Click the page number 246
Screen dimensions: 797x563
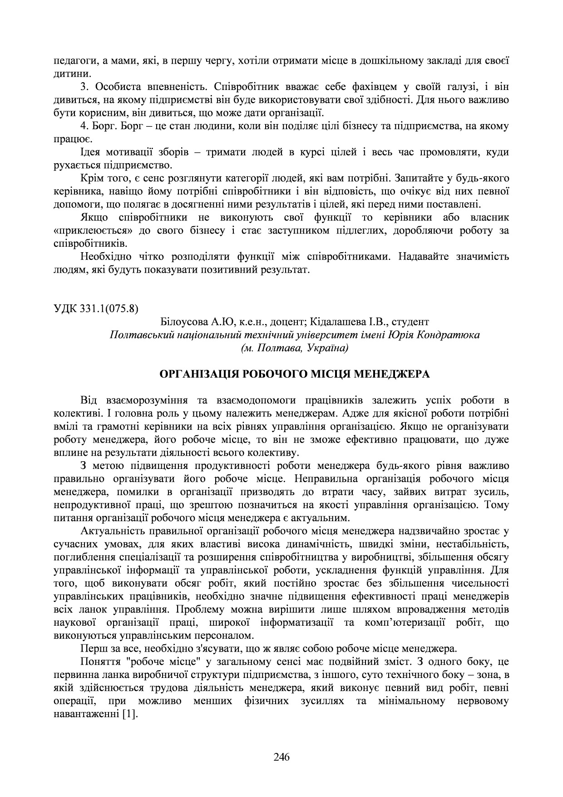(x=281, y=757)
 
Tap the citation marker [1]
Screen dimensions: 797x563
(x=130, y=714)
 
